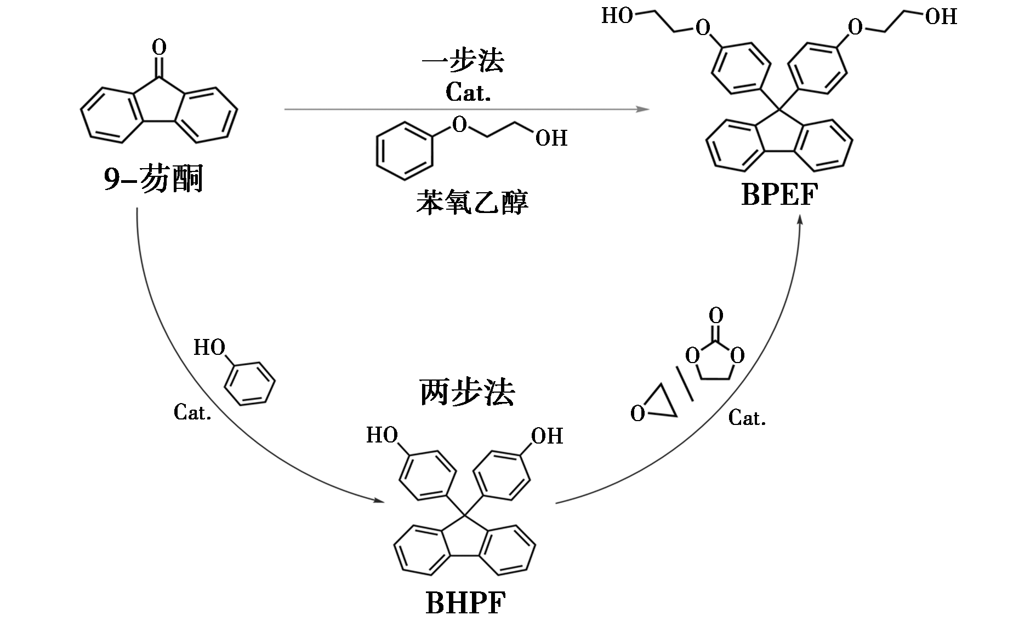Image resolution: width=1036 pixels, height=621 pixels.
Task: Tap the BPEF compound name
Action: coord(779,194)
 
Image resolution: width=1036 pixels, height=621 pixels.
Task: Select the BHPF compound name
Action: coord(465,603)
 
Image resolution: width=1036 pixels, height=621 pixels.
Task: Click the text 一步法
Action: coord(463,61)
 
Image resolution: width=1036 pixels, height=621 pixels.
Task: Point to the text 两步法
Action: coord(467,392)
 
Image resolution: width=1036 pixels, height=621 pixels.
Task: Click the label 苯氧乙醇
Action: coord(472,202)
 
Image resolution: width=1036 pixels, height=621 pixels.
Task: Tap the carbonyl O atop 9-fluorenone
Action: coord(159,48)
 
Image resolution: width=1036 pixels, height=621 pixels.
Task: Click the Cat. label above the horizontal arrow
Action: coord(468,93)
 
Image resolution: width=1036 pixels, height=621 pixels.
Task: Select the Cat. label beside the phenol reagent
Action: coord(192,412)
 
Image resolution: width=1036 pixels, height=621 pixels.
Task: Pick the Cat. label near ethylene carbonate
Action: coord(747,418)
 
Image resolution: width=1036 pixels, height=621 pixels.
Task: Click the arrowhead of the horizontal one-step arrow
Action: coord(645,110)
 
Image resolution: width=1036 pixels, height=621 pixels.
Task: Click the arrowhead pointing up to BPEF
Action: coord(800,219)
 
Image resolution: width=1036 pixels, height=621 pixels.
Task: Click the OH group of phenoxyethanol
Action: coord(551,138)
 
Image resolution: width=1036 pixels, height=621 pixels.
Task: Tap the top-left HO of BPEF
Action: coord(617,16)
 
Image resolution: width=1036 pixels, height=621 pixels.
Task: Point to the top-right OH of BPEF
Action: coord(941,17)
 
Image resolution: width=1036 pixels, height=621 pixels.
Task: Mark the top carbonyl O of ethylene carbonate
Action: coord(715,315)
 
